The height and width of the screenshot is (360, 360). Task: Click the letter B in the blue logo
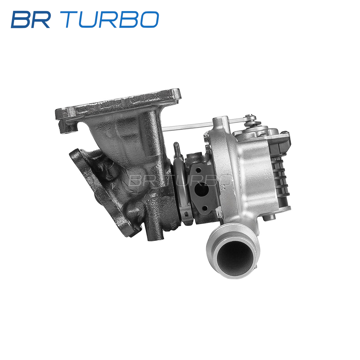coord(21,19)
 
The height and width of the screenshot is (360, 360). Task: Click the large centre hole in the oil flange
coord(201,190)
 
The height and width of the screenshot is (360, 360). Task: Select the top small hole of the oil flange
coord(199,170)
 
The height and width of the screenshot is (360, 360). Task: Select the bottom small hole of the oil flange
coord(205,208)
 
